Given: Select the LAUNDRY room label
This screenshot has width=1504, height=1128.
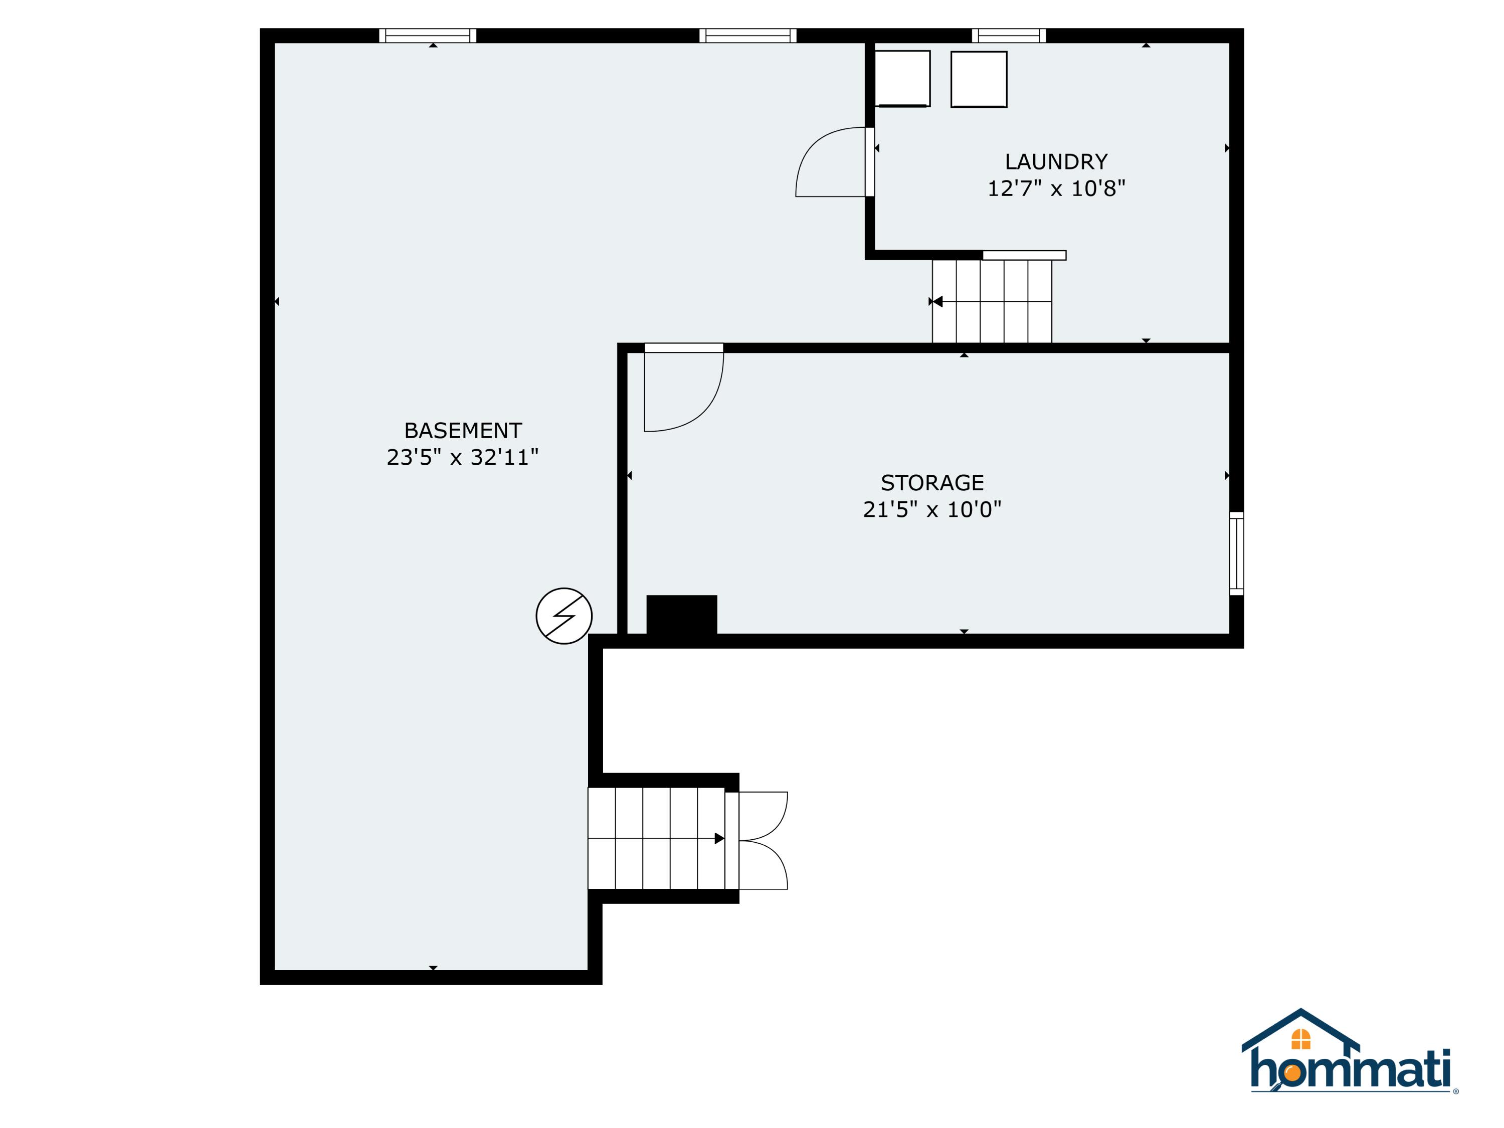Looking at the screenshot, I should click(1056, 162).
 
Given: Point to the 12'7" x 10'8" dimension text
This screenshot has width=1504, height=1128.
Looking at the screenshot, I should click(1056, 189).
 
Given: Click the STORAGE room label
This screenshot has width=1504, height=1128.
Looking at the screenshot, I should click(931, 483).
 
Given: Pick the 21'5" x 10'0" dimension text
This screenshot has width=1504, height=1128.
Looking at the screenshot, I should click(931, 509).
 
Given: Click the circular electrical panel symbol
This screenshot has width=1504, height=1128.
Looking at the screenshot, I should click(563, 616).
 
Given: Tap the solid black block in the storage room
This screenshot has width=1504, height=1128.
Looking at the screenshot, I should click(681, 615).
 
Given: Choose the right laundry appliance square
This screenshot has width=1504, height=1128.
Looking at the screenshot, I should click(979, 79).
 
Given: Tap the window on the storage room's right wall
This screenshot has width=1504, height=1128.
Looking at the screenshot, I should click(1236, 553).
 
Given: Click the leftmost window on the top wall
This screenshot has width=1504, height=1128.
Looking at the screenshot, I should click(428, 36).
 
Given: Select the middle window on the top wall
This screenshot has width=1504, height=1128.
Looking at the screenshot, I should click(748, 36).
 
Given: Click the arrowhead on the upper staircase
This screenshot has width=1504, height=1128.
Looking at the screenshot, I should click(937, 301).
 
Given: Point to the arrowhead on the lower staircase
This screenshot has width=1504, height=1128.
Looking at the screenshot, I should click(719, 838).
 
